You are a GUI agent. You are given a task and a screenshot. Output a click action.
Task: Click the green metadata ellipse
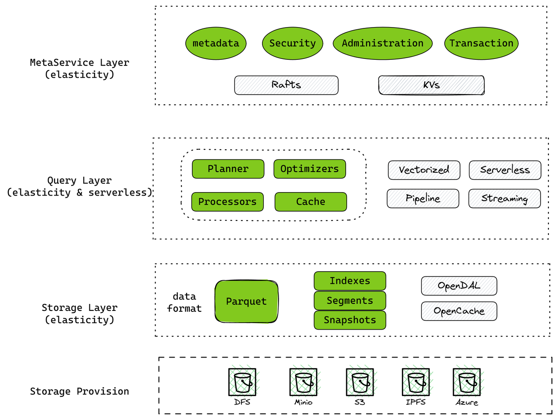[x=216, y=43]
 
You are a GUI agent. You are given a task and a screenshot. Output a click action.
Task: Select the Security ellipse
[x=293, y=43]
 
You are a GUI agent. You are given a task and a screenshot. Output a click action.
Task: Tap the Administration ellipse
[x=382, y=43]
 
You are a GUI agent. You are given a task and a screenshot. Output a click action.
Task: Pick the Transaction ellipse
[x=481, y=43]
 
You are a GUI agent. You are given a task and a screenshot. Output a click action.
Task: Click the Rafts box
[x=286, y=85]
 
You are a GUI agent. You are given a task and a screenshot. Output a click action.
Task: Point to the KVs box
[x=431, y=85]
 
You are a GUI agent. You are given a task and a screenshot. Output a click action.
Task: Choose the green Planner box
[x=228, y=169]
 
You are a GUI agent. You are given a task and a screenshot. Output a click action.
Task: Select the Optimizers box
[x=310, y=169]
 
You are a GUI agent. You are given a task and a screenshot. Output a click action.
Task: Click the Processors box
[x=228, y=202]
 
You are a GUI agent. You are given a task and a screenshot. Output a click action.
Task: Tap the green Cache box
[x=310, y=202]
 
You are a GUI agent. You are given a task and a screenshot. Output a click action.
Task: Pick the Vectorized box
[x=424, y=170]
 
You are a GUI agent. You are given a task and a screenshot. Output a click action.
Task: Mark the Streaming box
[x=504, y=198]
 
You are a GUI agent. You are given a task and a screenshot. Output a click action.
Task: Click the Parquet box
[x=246, y=301]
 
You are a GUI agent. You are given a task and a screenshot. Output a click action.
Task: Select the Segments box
[x=350, y=300]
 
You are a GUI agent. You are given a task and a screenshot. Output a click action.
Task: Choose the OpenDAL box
[x=459, y=286]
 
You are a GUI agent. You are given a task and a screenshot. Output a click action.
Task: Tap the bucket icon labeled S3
[x=360, y=382]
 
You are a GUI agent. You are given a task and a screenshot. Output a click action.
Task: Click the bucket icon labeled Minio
[x=303, y=382]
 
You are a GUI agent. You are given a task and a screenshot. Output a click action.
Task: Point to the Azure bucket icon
[x=466, y=382]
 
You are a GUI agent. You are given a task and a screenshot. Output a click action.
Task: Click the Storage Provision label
[x=79, y=391]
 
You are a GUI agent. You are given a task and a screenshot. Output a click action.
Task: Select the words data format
[x=184, y=302]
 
